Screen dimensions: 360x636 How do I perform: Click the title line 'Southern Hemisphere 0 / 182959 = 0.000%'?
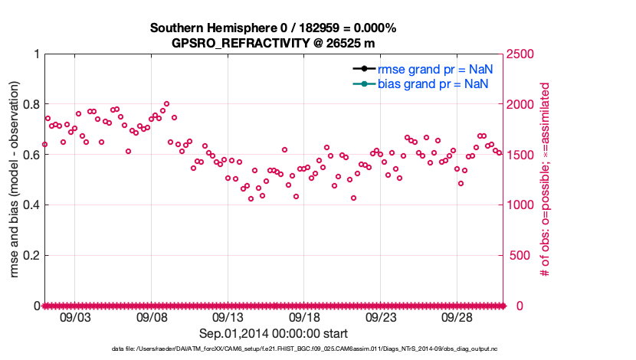(x=273, y=28)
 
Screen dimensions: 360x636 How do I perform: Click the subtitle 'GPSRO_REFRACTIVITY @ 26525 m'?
(x=273, y=43)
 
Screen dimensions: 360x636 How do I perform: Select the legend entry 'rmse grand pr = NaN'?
(x=434, y=69)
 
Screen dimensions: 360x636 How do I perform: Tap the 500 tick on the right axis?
(x=518, y=255)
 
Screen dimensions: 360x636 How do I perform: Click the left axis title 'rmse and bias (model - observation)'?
(x=15, y=180)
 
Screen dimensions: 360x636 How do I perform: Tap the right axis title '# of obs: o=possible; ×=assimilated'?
(x=546, y=180)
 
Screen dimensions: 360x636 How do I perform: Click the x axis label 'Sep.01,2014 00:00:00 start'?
(x=274, y=333)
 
